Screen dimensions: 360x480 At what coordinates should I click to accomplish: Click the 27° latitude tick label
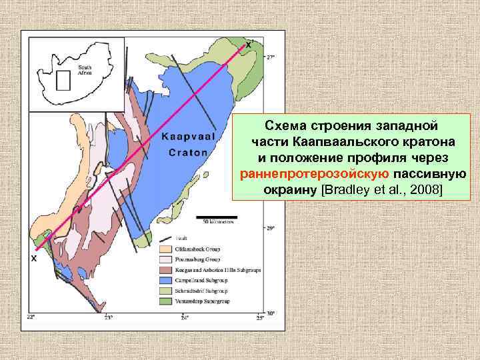click(x=270, y=58)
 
